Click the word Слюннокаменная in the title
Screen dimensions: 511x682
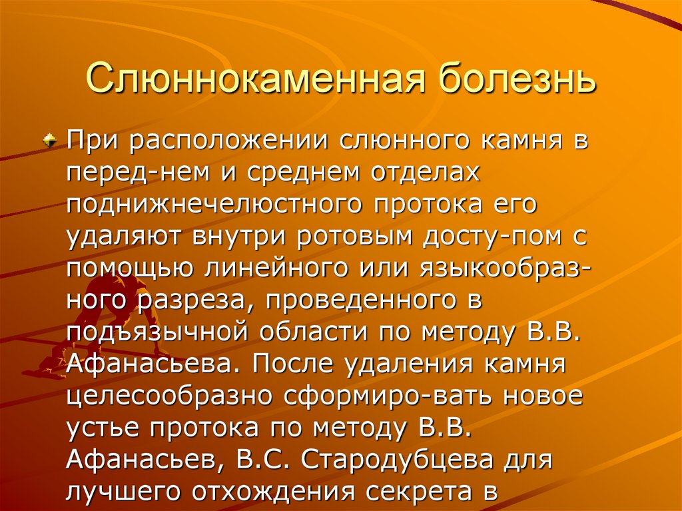222,79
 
